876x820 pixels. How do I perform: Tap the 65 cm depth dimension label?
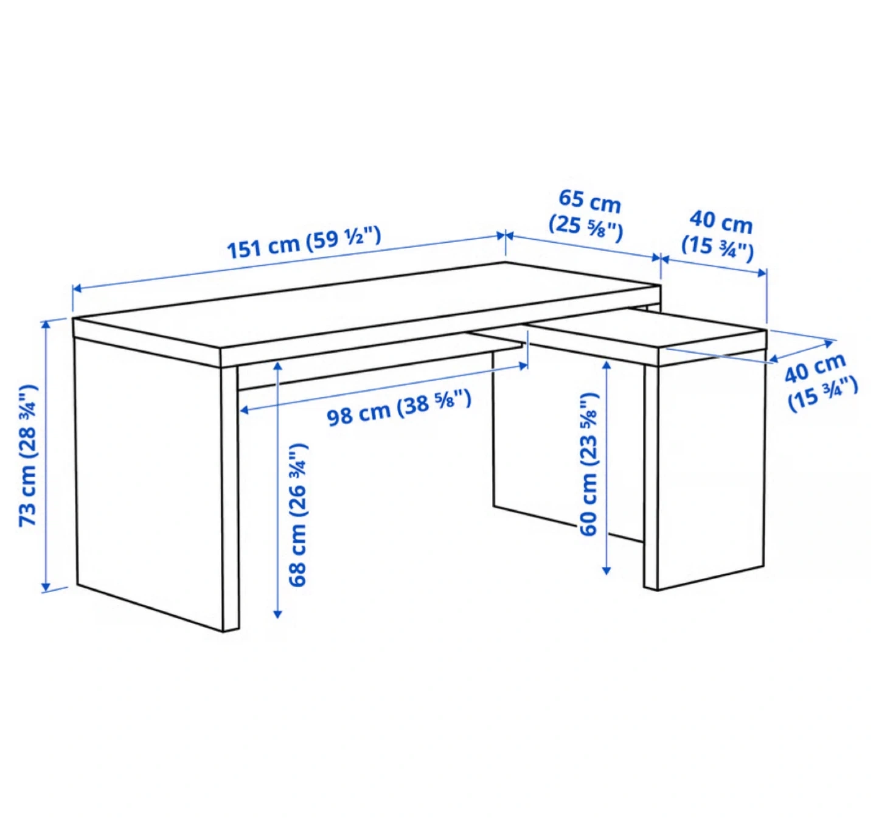pyautogui.click(x=586, y=216)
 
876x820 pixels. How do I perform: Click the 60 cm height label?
pyautogui.click(x=588, y=465)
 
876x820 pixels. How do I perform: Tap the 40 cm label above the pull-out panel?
pyautogui.click(x=718, y=238)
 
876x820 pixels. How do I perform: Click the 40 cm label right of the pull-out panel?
pyautogui.click(x=821, y=382)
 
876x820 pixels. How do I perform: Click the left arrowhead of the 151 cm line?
pyautogui.click(x=77, y=288)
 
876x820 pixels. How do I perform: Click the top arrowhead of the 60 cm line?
pyautogui.click(x=607, y=365)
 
